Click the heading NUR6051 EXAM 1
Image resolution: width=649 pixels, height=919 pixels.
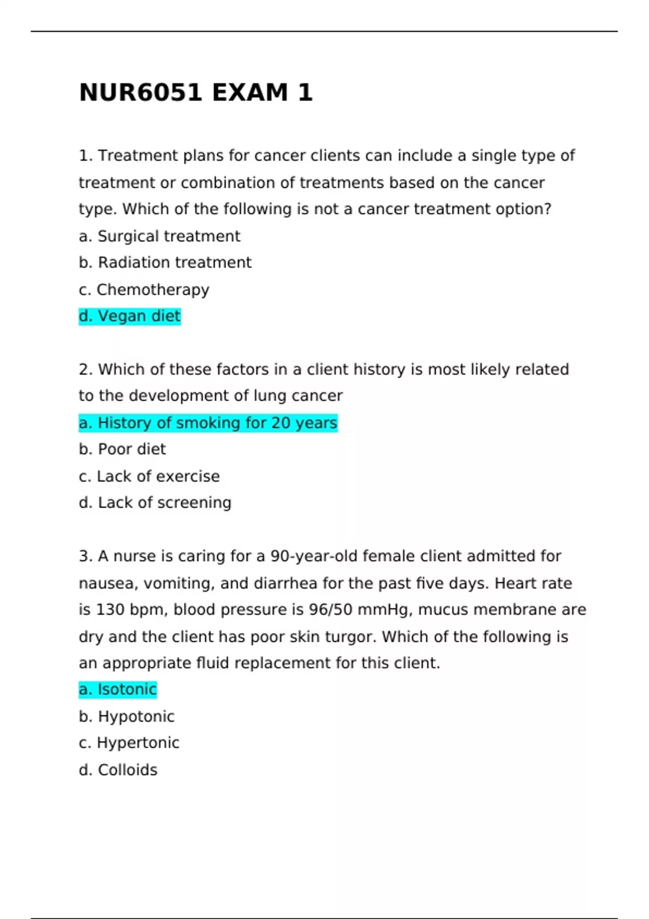196,92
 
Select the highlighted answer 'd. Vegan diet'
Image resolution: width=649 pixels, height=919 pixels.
130,316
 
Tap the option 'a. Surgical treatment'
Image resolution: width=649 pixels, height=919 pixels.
160,236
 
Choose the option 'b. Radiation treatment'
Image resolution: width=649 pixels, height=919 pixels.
165,263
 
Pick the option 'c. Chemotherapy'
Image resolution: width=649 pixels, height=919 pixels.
144,290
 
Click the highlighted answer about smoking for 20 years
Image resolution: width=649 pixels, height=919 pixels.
208,423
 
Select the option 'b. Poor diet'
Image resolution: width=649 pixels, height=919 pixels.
122,449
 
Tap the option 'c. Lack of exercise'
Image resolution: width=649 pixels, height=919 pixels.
149,476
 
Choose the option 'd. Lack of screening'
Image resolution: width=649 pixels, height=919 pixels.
155,503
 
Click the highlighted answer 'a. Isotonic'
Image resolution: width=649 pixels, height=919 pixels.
118,689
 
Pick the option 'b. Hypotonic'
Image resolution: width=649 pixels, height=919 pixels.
127,716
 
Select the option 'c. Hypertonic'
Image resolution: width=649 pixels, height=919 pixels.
129,743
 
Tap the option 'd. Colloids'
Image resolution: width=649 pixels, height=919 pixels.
118,770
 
